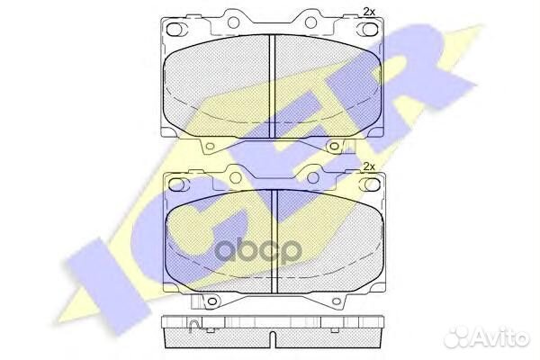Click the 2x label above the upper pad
point(369,12)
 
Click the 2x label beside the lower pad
point(369,166)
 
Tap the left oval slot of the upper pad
point(175,29)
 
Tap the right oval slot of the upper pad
point(368,29)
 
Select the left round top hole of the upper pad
point(233,22)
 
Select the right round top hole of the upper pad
point(310,22)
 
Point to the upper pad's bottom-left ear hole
point(210,146)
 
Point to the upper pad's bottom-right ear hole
point(334,146)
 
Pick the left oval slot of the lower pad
point(177,184)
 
